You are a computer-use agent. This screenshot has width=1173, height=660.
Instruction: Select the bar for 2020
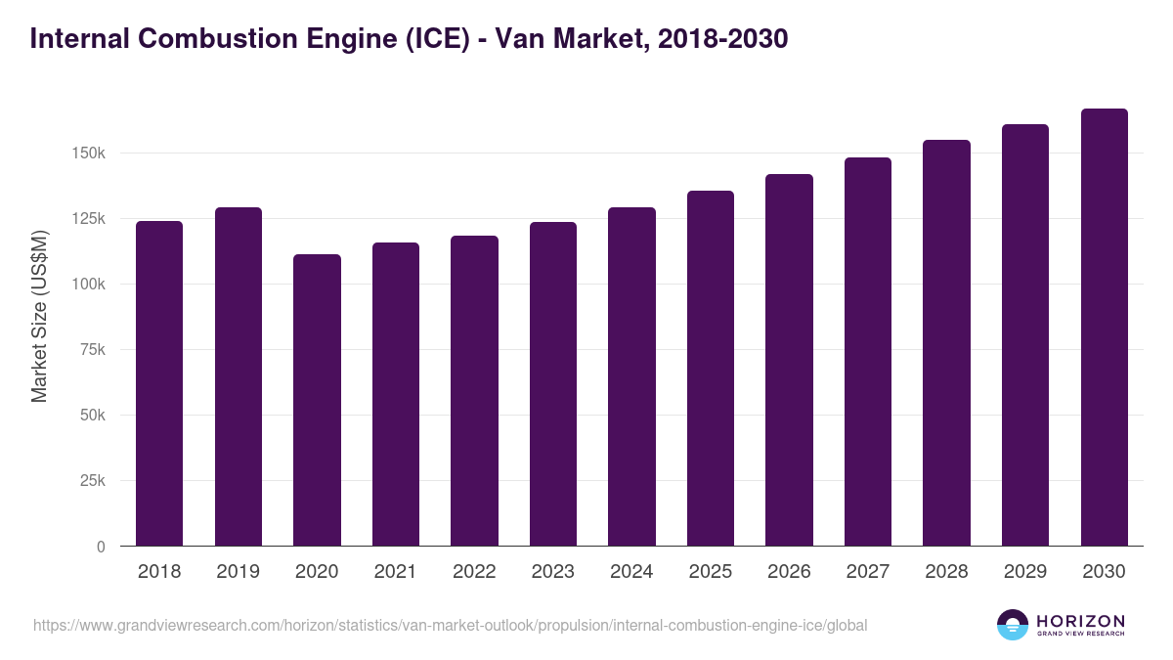click(317, 400)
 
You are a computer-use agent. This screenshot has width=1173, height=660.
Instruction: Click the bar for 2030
click(1104, 328)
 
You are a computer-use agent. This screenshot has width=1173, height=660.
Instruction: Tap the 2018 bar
click(159, 383)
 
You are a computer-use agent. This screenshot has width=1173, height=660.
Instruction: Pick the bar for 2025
click(711, 368)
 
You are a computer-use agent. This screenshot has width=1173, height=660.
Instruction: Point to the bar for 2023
click(553, 383)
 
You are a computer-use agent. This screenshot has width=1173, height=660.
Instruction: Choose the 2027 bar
click(868, 351)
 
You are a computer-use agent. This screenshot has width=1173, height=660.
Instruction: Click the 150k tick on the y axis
click(88, 154)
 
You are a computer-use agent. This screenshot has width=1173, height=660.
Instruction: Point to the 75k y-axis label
click(92, 350)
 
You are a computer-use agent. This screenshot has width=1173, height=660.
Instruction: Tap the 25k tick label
click(92, 481)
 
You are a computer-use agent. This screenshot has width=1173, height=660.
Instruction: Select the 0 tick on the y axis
click(100, 547)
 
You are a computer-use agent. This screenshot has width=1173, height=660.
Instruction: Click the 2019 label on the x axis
click(238, 572)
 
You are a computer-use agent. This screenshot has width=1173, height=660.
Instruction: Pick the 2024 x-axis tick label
click(631, 572)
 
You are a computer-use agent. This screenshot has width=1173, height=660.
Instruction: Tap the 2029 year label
click(1025, 572)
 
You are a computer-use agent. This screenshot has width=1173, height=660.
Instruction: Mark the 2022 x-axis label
click(474, 572)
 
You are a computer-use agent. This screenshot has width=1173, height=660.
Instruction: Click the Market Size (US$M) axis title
click(39, 316)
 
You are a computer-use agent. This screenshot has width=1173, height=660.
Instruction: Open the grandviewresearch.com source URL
click(450, 625)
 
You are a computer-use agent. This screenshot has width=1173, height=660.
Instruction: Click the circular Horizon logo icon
click(1013, 625)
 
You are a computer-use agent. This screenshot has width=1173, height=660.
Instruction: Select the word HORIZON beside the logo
click(1080, 620)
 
